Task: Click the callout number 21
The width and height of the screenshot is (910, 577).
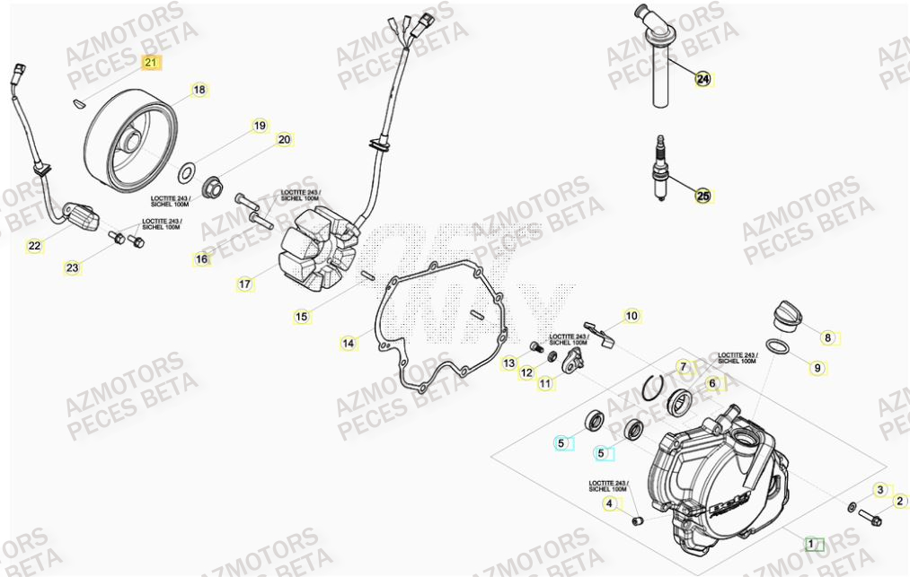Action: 151,62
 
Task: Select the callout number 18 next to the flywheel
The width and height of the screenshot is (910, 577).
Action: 199,90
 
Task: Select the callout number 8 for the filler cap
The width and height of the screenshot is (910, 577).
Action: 828,338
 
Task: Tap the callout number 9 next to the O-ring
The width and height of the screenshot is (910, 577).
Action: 817,367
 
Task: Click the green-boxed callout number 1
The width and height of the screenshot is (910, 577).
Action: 813,544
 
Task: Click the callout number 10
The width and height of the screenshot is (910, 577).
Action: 632,316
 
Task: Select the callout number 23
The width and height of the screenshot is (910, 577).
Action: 72,267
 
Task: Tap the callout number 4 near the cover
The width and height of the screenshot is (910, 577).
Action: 610,504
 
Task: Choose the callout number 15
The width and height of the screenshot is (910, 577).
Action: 302,316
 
